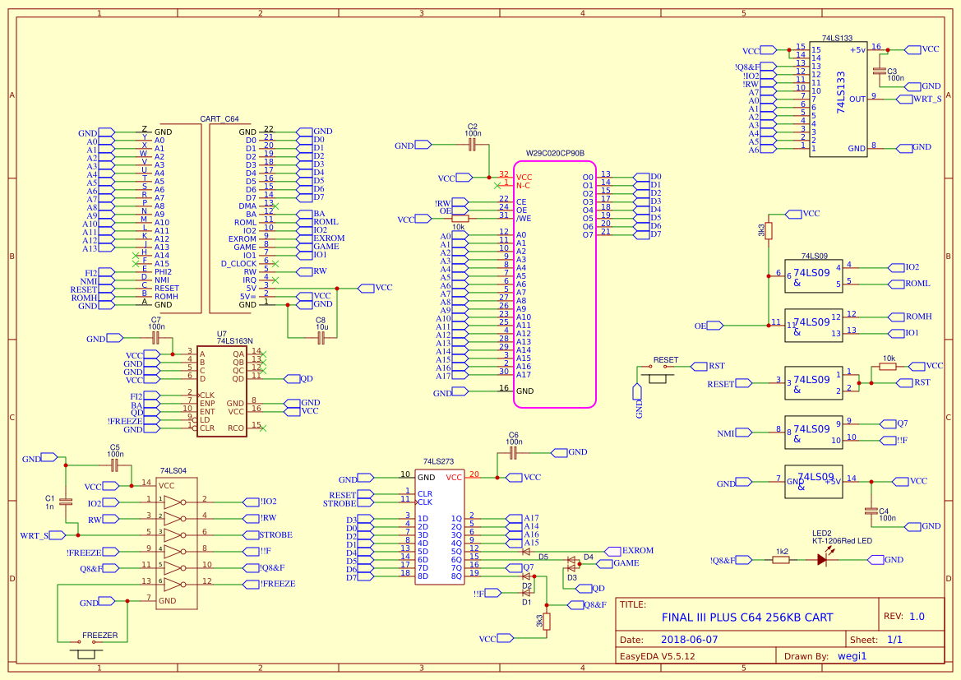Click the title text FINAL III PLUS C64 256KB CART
[747, 618]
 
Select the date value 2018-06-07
[690, 639]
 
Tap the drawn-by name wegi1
[852, 656]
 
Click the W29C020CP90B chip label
[555, 154]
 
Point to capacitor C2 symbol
[472, 145]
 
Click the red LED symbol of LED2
[821, 559]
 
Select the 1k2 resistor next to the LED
[781, 559]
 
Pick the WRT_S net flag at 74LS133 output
[926, 99]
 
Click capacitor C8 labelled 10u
[321, 337]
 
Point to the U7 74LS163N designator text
[234, 337]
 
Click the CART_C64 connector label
[219, 119]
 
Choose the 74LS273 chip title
[438, 462]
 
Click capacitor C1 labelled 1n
[66, 501]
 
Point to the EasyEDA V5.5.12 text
[658, 656]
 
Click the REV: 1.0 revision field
[903, 616]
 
